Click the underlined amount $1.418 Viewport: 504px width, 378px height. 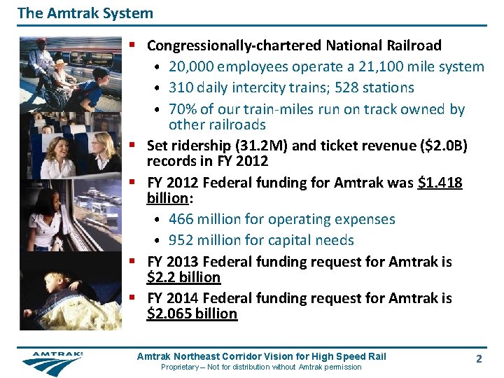[x=440, y=183]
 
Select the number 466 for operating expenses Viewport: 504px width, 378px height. [x=181, y=220]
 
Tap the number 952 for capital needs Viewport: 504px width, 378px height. [x=181, y=241]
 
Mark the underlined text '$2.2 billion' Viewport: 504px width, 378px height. [x=183, y=278]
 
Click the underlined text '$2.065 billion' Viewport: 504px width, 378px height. [x=192, y=314]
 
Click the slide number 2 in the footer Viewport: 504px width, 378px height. [x=479, y=358]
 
